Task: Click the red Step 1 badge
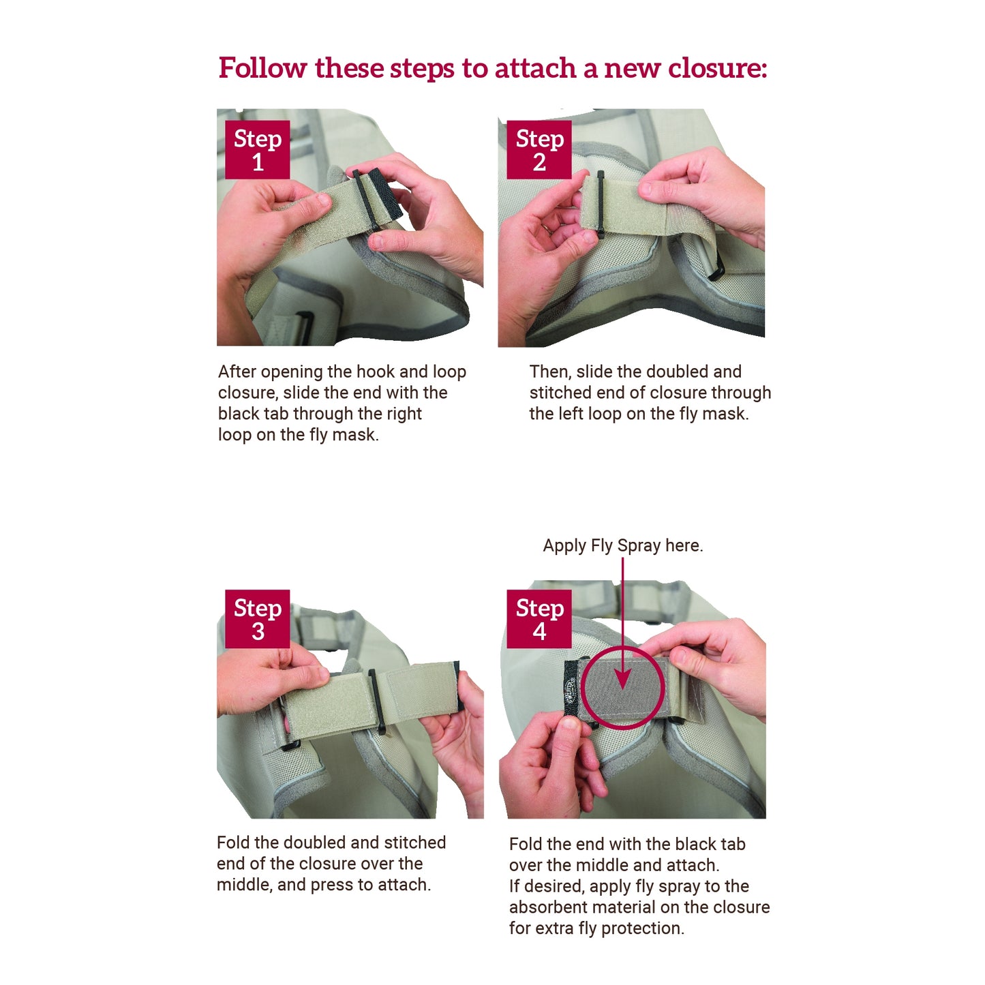point(257,149)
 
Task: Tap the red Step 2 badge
point(539,149)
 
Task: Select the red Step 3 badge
point(257,618)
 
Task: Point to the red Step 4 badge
point(539,618)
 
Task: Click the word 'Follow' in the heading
point(262,68)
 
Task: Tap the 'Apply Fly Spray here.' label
point(622,545)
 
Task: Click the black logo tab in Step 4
point(571,689)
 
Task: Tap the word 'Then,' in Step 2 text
point(550,372)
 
